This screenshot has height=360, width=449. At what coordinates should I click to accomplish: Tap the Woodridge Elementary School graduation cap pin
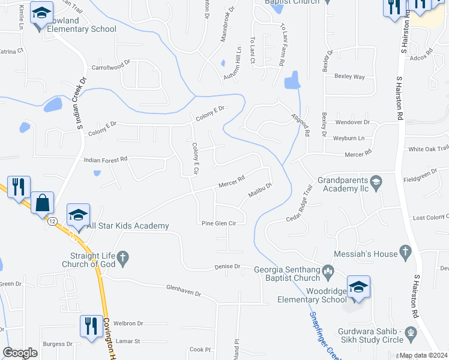pos(358,287)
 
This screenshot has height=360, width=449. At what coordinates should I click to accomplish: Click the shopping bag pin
pos(43,203)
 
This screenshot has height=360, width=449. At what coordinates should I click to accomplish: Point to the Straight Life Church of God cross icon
pos(123,259)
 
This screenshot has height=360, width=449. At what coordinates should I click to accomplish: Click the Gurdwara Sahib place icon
pos(411,332)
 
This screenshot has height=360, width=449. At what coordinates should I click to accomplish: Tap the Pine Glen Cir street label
pos(218,223)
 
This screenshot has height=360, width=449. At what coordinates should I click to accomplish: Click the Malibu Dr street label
pos(261,190)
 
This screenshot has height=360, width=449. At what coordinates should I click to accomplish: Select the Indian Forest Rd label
pos(106,160)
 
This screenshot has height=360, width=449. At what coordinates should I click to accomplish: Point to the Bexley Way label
pos(350,77)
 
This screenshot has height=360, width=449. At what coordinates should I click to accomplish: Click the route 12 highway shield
pos(53,222)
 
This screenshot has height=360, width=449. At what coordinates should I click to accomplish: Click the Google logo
pos(20,353)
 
